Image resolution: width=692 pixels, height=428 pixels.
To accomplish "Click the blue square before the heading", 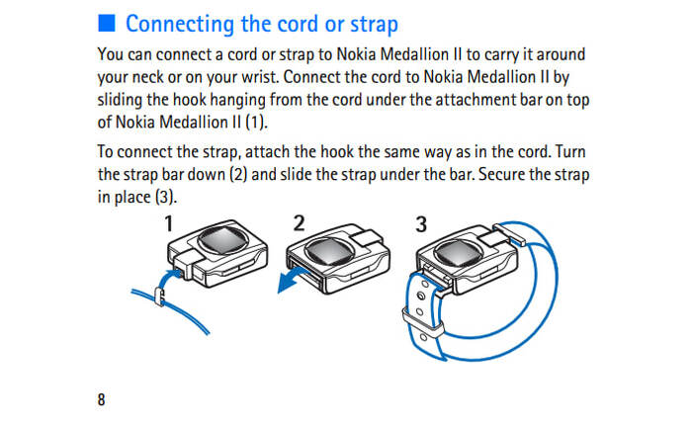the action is pos(107,23).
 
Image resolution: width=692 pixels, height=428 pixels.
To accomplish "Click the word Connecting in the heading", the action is pos(180,25).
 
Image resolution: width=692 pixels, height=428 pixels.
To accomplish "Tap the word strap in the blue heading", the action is pos(375,25).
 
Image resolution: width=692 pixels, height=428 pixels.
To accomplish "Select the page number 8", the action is pos(101,399).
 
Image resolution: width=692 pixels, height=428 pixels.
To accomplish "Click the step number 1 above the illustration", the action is pos(169,223).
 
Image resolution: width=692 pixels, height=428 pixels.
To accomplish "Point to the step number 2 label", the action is pos(299,223).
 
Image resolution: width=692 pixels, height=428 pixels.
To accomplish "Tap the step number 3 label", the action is pos(421,224).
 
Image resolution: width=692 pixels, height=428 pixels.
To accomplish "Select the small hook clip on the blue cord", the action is pos(159,296).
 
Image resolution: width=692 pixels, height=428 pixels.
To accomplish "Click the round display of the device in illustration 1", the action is pos(222,240).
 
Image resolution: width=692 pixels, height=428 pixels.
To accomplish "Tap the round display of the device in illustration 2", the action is pos(329,252).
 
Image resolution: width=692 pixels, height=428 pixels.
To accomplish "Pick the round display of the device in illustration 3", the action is pos(458,255).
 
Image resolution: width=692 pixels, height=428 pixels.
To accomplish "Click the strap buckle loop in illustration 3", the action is pos(423,323).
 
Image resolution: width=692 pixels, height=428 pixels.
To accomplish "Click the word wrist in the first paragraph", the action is pos(260,77).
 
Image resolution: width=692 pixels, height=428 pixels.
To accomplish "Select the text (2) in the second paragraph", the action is pos(238,174).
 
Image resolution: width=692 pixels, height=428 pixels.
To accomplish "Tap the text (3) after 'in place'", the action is pos(165,197).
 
